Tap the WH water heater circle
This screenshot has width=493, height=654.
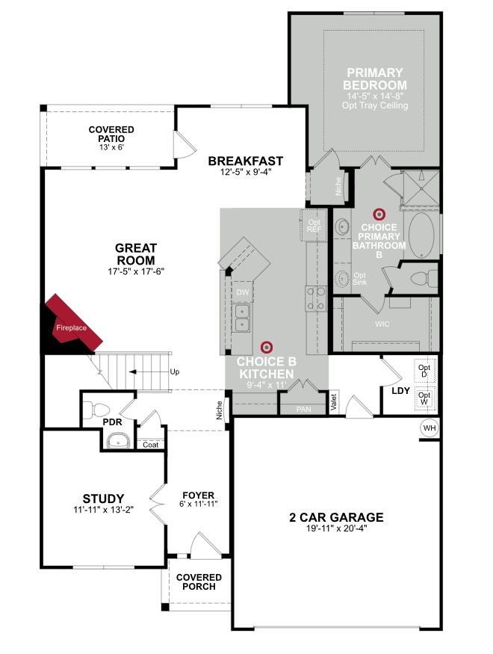tap(430, 428)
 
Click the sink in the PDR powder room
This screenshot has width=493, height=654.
tap(118, 440)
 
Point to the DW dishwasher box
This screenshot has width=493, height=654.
tap(243, 292)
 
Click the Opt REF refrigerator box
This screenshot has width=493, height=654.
tap(314, 225)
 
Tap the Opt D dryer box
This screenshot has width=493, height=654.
tap(424, 371)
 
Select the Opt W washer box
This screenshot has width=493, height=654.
tap(424, 398)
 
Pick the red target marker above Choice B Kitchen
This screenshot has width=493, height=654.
tap(266, 347)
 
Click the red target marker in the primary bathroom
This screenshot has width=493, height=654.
tap(379, 215)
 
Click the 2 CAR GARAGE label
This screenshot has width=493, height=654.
tap(336, 517)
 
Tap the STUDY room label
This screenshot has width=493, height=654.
tap(103, 499)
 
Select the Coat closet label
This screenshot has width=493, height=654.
tap(150, 445)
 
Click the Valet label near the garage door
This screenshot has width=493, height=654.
tap(333, 402)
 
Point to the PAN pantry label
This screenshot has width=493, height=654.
tap(303, 409)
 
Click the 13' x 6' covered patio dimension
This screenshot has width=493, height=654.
tap(112, 147)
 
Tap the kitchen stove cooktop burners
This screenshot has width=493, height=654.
tap(316, 299)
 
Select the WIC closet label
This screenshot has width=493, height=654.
tap(382, 324)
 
